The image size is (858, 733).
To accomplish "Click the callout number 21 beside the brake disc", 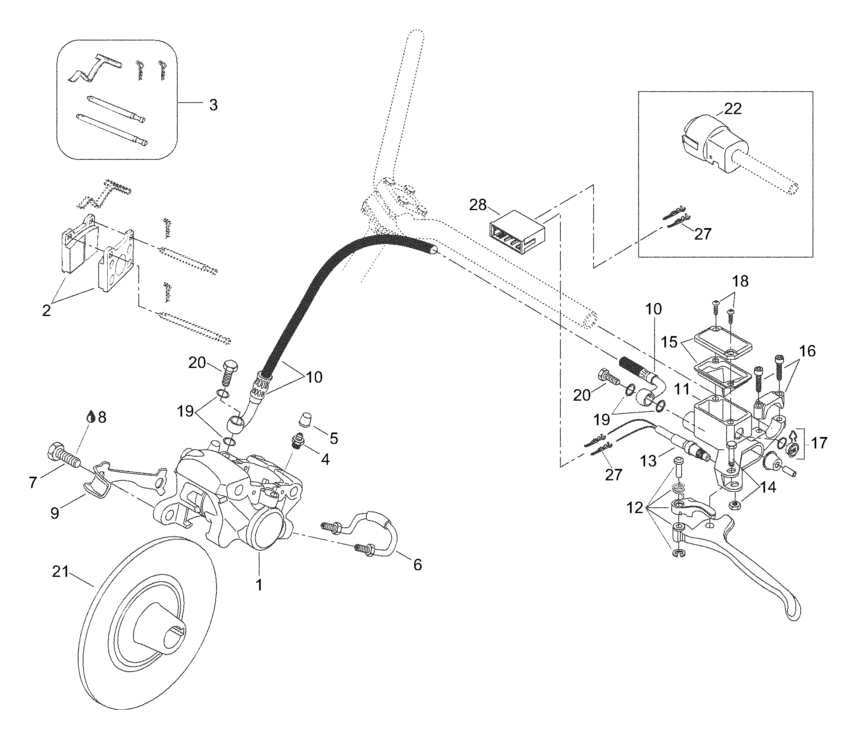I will (61, 572).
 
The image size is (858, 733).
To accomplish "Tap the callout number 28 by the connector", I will (477, 205).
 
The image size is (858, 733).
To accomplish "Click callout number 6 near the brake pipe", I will (418, 565).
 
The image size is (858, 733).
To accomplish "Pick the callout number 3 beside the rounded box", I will (213, 105).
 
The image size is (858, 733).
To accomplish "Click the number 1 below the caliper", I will (259, 585).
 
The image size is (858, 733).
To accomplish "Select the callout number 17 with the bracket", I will (819, 443).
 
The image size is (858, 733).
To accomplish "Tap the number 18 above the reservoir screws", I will (741, 281).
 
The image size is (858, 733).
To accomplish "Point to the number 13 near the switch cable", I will (648, 461).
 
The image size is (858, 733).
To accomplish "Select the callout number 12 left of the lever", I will (635, 508).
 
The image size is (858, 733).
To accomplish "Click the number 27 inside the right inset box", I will (702, 234).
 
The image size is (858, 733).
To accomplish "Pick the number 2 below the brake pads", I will (46, 310).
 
